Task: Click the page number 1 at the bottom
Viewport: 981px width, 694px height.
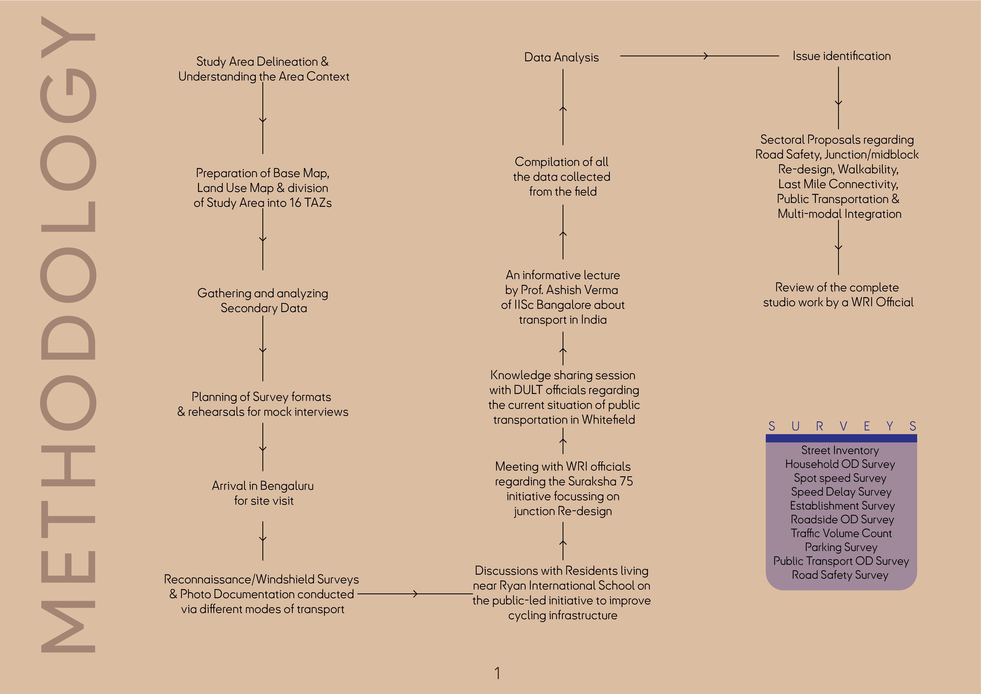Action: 497,673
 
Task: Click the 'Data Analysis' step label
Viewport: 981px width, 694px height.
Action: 561,57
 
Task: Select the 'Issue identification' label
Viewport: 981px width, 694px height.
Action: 841,56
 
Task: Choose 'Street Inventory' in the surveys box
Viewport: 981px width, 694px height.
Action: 840,450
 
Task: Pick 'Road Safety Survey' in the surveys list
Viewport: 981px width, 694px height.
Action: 840,575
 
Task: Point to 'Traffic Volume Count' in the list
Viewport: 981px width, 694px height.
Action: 841,533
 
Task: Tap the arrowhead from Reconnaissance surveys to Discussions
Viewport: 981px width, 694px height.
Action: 415,594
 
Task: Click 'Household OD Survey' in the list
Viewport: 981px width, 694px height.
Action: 840,464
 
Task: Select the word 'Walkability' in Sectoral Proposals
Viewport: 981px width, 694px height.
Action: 867,169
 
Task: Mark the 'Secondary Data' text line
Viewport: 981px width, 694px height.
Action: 264,308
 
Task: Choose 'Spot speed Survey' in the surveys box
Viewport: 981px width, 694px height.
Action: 840,478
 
